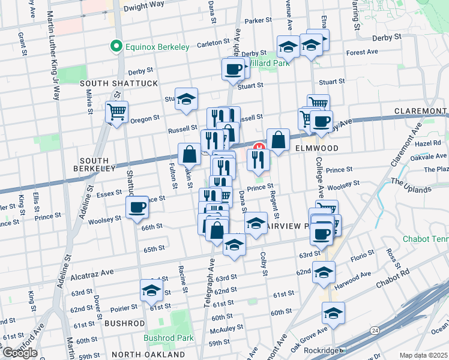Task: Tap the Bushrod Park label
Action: click(168, 338)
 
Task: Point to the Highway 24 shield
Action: click(375, 330)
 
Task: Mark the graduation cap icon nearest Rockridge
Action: click(333, 313)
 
